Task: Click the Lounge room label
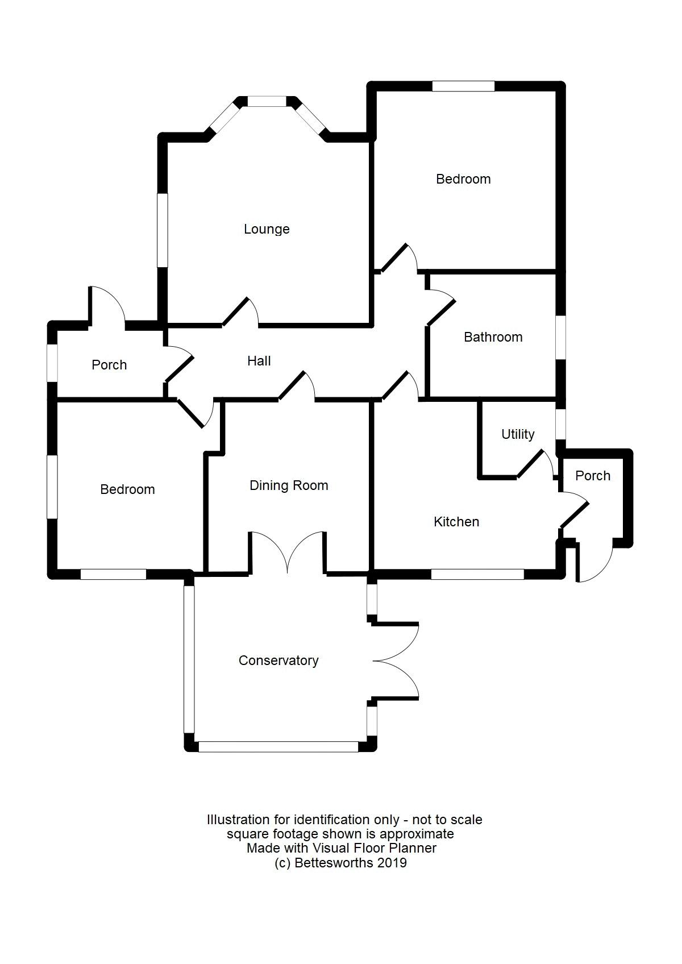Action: (267, 229)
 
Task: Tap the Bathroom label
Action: (493, 337)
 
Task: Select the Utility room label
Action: (518, 434)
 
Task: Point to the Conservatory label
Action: (278, 660)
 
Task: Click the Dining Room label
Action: (289, 485)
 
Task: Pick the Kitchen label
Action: (456, 522)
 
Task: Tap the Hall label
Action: (259, 361)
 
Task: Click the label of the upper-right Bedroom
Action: (463, 179)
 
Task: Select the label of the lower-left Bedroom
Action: (127, 489)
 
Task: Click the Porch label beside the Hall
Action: (109, 365)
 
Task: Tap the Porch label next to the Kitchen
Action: (593, 476)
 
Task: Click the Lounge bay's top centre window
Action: (266, 101)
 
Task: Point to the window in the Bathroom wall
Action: (560, 337)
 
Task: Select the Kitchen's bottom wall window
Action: (477, 575)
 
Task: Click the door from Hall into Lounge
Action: (240, 313)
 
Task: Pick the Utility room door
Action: (535, 464)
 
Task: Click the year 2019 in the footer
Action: (392, 863)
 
